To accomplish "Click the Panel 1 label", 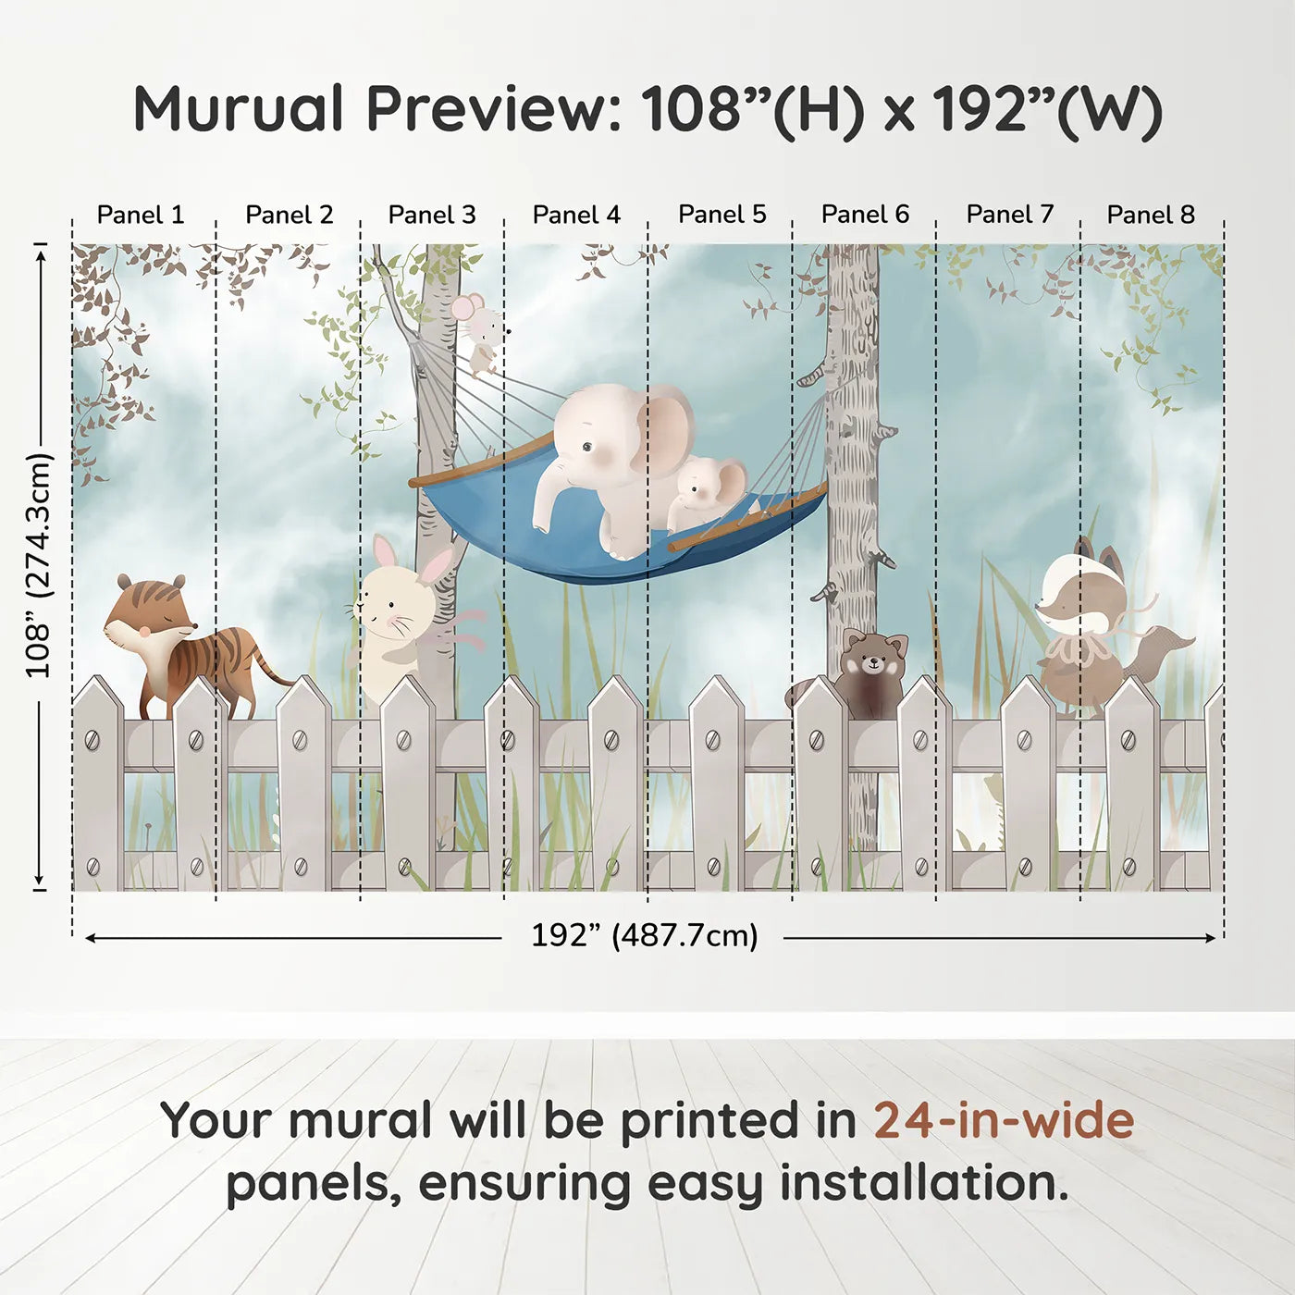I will [x=141, y=215].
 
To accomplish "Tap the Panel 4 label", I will [x=576, y=215].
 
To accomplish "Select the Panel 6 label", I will [x=865, y=215].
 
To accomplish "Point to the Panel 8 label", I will [x=1151, y=215].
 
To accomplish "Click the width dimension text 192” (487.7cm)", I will [x=644, y=935].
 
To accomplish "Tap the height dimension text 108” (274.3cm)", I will [x=39, y=565].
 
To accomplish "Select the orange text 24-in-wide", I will [x=1004, y=1120].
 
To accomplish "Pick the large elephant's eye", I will [x=588, y=447].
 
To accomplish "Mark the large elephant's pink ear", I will [x=664, y=430].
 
